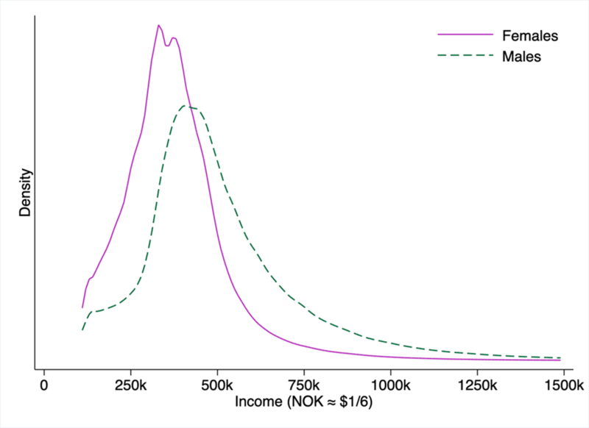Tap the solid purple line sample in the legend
[465, 35]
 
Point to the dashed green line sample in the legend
[465, 57]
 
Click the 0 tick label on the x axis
[44, 385]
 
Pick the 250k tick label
[131, 385]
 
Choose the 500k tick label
[217, 385]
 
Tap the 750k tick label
[304, 385]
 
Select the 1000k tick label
[390, 385]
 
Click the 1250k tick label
[477, 385]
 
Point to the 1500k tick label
[563, 385]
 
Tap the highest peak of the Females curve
[158, 25]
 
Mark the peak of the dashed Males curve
[189, 107]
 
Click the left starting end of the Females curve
[82, 307]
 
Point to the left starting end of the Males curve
[82, 329]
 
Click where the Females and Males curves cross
[191, 107]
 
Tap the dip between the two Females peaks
[167, 46]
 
